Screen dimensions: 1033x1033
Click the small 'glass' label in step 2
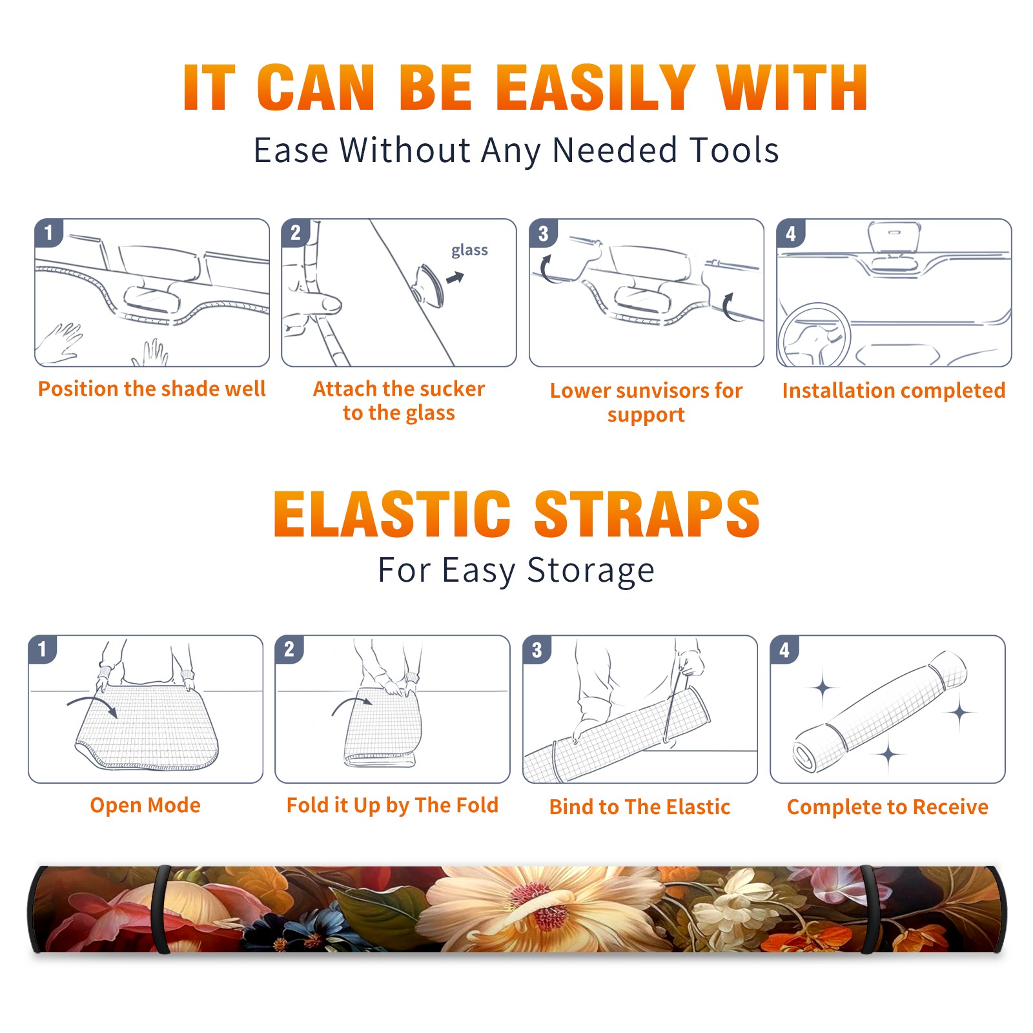tap(469, 251)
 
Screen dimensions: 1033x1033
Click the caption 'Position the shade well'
tap(152, 389)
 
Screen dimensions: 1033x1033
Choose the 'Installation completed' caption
tap(894, 391)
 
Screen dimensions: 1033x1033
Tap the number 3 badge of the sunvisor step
tap(544, 233)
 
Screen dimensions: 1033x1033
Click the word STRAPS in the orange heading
tap(647, 514)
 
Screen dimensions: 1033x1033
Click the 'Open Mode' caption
tap(145, 805)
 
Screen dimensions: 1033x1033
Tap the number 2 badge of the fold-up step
tap(289, 649)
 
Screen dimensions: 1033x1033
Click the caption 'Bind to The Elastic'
tap(640, 807)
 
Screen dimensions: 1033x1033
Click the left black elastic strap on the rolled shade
tap(161, 909)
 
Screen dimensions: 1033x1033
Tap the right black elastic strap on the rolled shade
tap(870, 909)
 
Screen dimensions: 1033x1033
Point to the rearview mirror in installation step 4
tap(894, 240)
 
